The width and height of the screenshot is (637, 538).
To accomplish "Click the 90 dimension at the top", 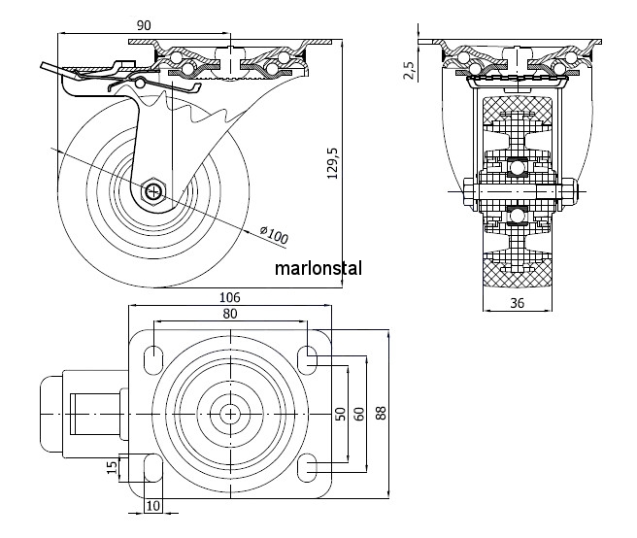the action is pyautogui.click(x=144, y=25).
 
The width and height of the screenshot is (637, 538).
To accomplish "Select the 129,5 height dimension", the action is pyautogui.click(x=332, y=163).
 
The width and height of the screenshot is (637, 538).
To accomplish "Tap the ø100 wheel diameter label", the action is pyautogui.click(x=274, y=235).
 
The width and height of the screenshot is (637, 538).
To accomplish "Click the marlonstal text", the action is pyautogui.click(x=318, y=269).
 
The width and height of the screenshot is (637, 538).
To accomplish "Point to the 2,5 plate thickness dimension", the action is pyautogui.click(x=409, y=70).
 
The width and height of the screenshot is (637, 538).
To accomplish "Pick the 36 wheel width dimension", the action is pyautogui.click(x=518, y=303).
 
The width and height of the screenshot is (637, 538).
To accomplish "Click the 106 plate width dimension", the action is pyautogui.click(x=230, y=298).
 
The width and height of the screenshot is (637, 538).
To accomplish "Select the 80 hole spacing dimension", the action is pyautogui.click(x=230, y=314).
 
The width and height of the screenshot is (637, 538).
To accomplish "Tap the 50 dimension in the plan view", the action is pyautogui.click(x=341, y=414).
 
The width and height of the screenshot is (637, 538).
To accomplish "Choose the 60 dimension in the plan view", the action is pyautogui.click(x=359, y=414).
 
